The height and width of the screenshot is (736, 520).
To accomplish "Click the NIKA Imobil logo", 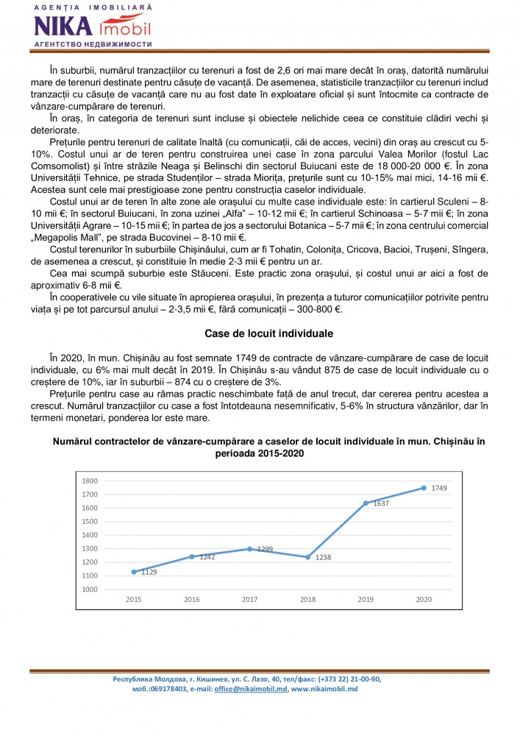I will [92, 26].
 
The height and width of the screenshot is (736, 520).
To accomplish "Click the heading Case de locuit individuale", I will [260, 333].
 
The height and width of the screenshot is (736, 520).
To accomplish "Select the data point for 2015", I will [134, 572].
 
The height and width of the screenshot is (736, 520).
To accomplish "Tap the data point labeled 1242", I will [192, 556].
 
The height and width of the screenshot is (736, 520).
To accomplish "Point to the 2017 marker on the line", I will [250, 548].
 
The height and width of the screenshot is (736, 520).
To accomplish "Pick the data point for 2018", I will [307, 557].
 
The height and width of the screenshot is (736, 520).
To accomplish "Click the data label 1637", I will [380, 504].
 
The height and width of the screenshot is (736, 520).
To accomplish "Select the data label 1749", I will [439, 488].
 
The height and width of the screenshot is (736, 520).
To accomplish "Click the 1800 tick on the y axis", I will [90, 481].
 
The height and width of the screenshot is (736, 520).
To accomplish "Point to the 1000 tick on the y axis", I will [90, 590].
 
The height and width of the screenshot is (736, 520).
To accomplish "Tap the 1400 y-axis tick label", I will [90, 535].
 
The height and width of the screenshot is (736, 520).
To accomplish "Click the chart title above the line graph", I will [260, 447].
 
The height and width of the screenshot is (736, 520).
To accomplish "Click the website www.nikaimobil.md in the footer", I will [324, 689].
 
